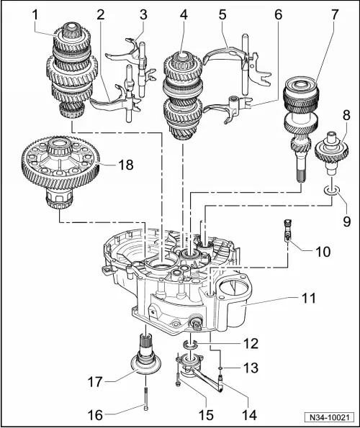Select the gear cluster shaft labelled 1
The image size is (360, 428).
(76, 72)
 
